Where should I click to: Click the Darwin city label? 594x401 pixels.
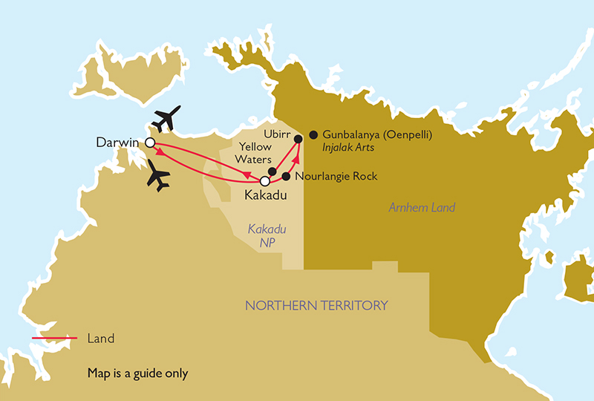click(x=120, y=142)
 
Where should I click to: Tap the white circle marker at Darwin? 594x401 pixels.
click(x=149, y=143)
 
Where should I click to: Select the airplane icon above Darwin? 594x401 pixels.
click(x=166, y=118)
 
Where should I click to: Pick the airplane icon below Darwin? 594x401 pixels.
click(x=159, y=176)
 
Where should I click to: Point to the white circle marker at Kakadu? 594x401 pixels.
click(x=264, y=180)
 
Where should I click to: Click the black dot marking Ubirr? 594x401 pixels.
click(x=298, y=139)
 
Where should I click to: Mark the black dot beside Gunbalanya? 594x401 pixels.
click(x=313, y=134)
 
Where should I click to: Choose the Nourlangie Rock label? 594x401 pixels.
click(x=336, y=177)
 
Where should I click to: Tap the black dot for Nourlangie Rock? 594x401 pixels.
click(x=286, y=177)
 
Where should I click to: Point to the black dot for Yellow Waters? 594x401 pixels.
click(x=272, y=172)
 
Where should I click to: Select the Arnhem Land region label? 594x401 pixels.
click(x=422, y=207)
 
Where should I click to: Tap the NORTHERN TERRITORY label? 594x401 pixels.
click(x=316, y=305)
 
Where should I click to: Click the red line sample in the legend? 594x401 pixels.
click(x=54, y=339)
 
